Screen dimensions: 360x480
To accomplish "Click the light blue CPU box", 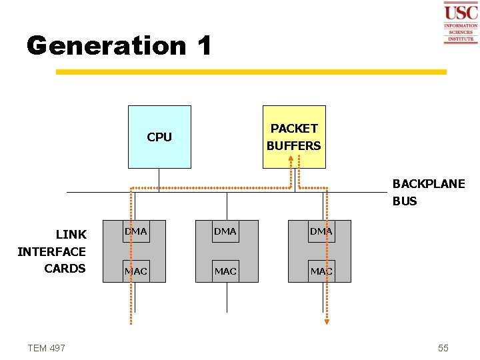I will point(159,137).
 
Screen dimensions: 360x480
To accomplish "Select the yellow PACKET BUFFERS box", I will point(294,137).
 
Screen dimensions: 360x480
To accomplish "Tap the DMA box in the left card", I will point(136,231).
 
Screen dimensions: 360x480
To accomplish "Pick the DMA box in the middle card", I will point(225,231).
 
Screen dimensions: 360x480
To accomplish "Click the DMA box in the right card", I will point(321,231).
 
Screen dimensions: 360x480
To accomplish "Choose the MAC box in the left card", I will point(136,271).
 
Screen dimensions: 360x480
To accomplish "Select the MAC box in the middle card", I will point(225,271).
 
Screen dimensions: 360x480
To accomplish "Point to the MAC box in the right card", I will point(321,271).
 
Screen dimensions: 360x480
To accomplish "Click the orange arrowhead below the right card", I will point(327,321).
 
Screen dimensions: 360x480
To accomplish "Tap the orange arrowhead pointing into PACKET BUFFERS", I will point(291,159).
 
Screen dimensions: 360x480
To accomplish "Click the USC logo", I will point(461,22).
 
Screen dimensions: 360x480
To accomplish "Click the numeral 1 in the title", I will point(204,45).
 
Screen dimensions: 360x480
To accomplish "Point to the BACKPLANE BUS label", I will point(428,192).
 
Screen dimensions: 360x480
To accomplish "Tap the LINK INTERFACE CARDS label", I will point(52,251).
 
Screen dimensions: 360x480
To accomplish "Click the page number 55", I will point(443,348).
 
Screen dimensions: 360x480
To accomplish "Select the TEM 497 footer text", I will point(47,348).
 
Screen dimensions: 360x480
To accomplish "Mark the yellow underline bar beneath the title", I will point(251,71).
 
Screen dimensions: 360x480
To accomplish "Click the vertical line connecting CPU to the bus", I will point(159,180).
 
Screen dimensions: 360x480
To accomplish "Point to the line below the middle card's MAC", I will point(227,297).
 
